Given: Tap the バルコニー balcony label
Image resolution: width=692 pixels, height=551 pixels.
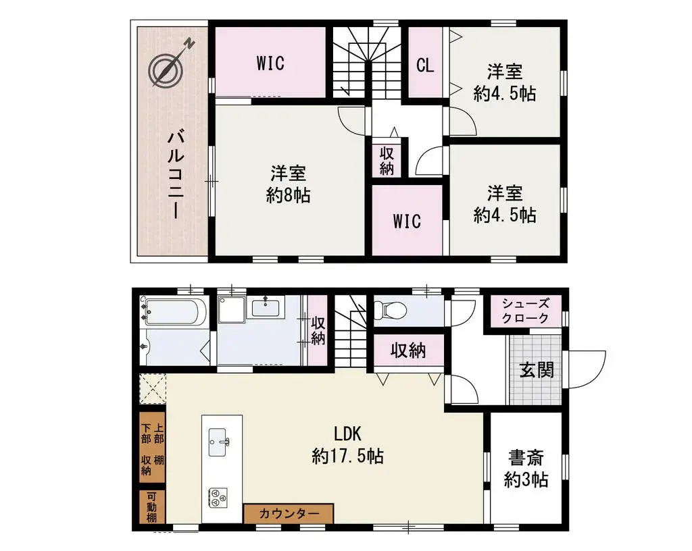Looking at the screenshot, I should tap(177, 174).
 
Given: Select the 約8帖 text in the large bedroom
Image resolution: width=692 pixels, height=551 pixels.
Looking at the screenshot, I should tap(289, 196).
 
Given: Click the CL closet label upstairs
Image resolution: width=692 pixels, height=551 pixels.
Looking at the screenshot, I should tap(424, 65).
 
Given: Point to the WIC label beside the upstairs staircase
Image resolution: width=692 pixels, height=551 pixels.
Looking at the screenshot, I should tap(270, 63).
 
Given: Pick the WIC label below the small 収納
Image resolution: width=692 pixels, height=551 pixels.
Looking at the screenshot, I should tap(407, 221).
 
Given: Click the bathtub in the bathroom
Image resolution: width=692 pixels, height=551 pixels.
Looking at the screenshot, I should tap(174, 313).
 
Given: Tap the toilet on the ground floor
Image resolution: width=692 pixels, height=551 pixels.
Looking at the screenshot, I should tap(391, 311).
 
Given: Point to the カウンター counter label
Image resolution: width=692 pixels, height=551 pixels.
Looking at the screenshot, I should tap(289, 514).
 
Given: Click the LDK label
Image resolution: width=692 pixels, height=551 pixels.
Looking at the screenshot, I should tap(347, 433).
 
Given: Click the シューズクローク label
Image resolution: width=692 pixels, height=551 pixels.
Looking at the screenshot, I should tap(526, 311).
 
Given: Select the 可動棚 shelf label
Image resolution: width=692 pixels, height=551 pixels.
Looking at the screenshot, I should tap(152, 507).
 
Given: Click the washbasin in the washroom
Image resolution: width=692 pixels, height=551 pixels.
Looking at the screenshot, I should tap(267, 308).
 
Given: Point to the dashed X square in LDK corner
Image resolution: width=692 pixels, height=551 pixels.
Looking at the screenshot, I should tap(153, 389).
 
